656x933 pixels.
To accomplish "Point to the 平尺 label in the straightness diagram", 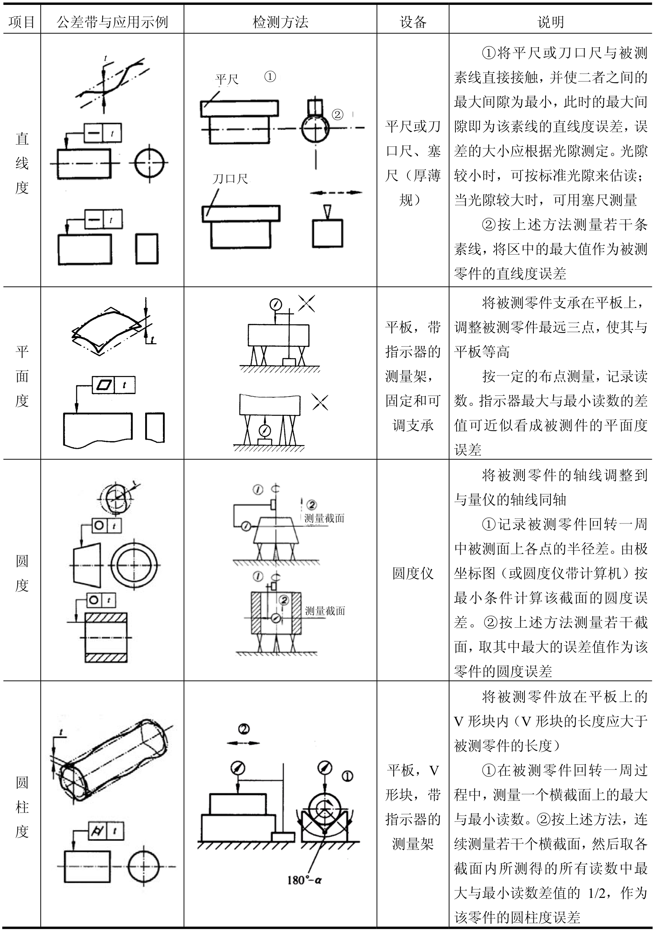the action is coord(227,79).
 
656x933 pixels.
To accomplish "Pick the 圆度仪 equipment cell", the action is coord(413,573).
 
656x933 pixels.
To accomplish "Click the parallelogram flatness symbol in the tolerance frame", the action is coord(104,385).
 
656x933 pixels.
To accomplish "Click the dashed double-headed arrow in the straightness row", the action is coord(336,192).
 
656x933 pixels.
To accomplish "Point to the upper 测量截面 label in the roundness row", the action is coord(324,518).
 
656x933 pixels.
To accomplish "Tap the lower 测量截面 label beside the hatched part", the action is coord(325,611).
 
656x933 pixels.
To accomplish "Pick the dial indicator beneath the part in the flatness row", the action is coord(265,430).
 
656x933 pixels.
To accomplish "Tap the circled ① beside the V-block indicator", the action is coord(348,776).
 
